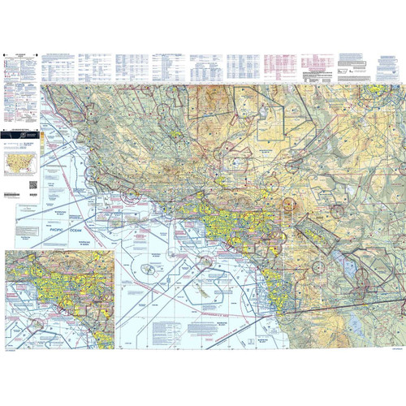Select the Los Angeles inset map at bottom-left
pyautogui.click(x=58, y=300)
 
